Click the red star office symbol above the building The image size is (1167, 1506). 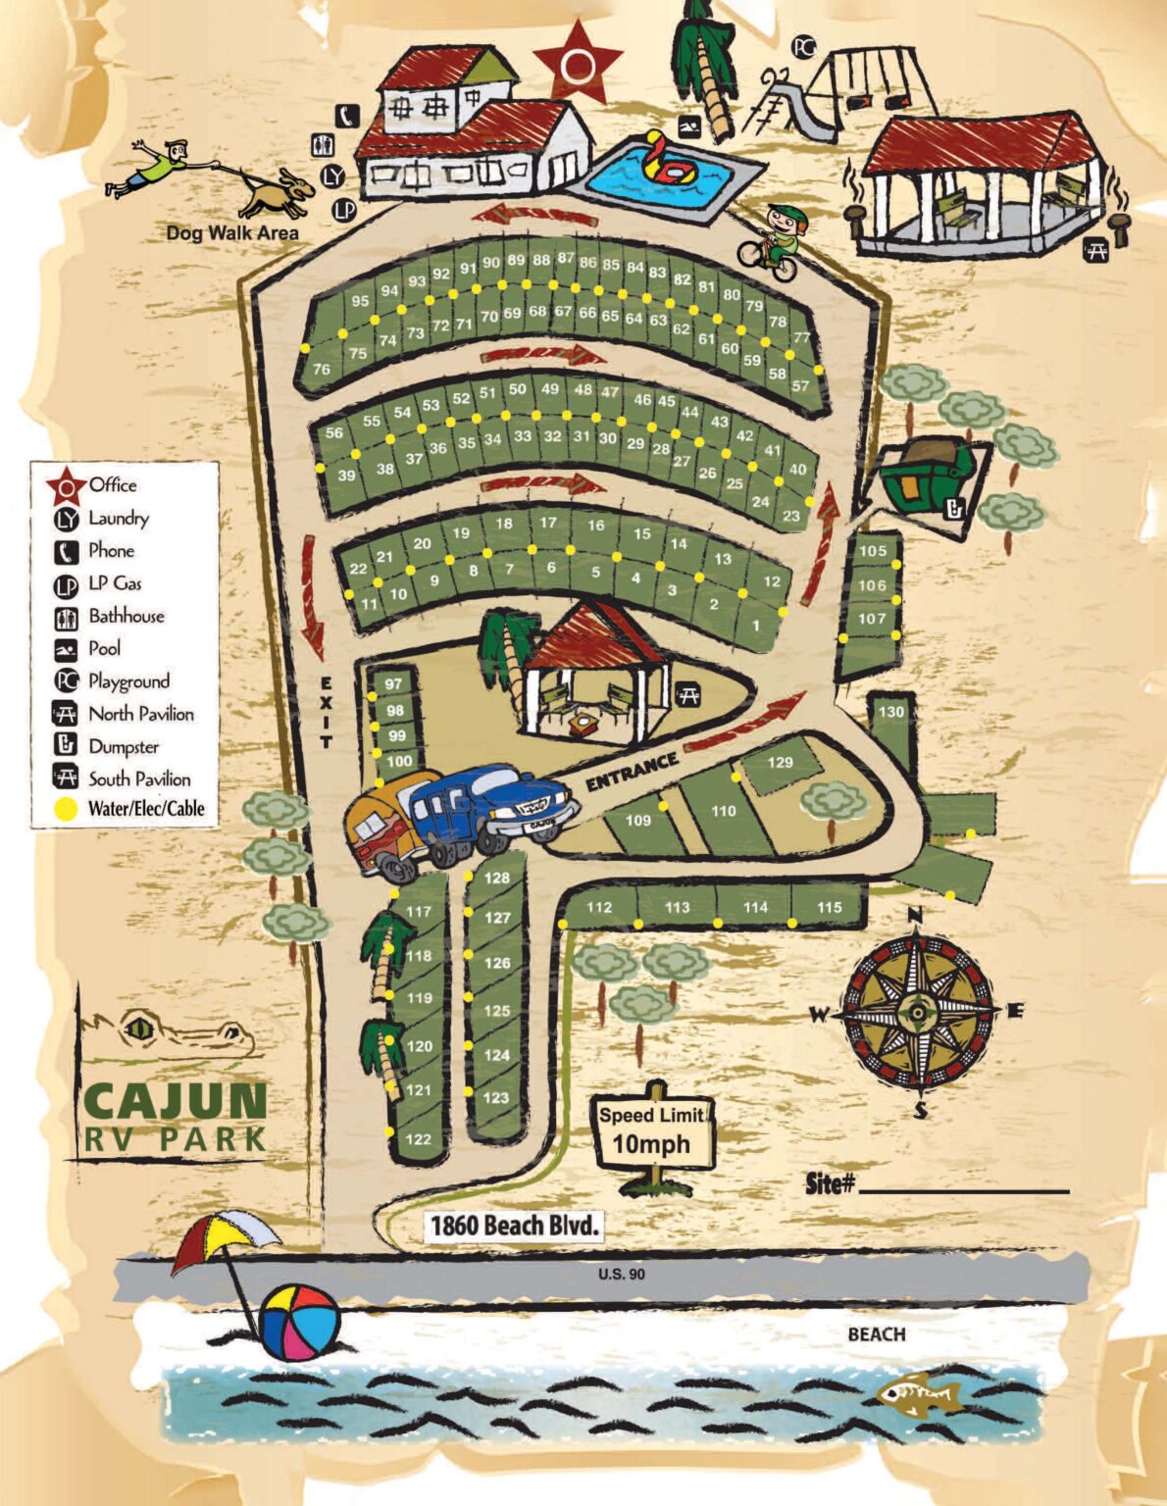tap(579, 65)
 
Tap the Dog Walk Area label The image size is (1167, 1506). tap(232, 232)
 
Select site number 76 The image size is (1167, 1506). tap(322, 370)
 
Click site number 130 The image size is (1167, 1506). tap(890, 712)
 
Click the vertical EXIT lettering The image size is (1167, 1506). tap(326, 712)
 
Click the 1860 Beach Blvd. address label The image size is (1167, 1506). tap(513, 1225)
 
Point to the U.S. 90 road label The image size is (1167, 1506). tap(622, 1274)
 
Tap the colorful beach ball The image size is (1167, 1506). tap(299, 1323)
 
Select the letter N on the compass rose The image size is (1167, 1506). tap(915, 916)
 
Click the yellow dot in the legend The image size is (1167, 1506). tap(66, 809)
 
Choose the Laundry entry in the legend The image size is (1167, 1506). tap(118, 518)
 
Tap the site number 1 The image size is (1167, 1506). tap(756, 626)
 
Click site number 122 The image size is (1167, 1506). tap(418, 1139)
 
